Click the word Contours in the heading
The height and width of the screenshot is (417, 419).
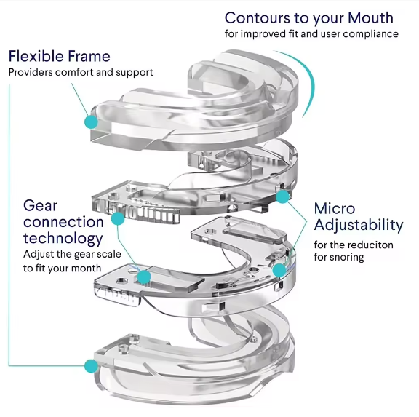point(258,18)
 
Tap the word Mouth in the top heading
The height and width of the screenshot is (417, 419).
point(370,18)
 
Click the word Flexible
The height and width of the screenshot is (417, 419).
point(36,56)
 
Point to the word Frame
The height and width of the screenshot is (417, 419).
point(89,56)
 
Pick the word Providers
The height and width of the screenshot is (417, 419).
point(31,72)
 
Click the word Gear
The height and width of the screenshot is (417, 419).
point(40,206)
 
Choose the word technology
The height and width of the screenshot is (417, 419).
point(63,239)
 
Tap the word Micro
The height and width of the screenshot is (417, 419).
point(335,208)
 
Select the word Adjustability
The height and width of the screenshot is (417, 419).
point(359,225)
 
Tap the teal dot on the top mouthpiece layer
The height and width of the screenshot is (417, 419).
point(91,122)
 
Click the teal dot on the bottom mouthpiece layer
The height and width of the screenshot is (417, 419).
point(91,366)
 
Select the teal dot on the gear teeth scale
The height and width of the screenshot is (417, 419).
point(118,218)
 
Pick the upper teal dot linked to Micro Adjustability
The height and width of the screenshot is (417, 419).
point(282,196)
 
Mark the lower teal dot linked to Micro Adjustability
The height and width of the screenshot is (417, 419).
point(279,270)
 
